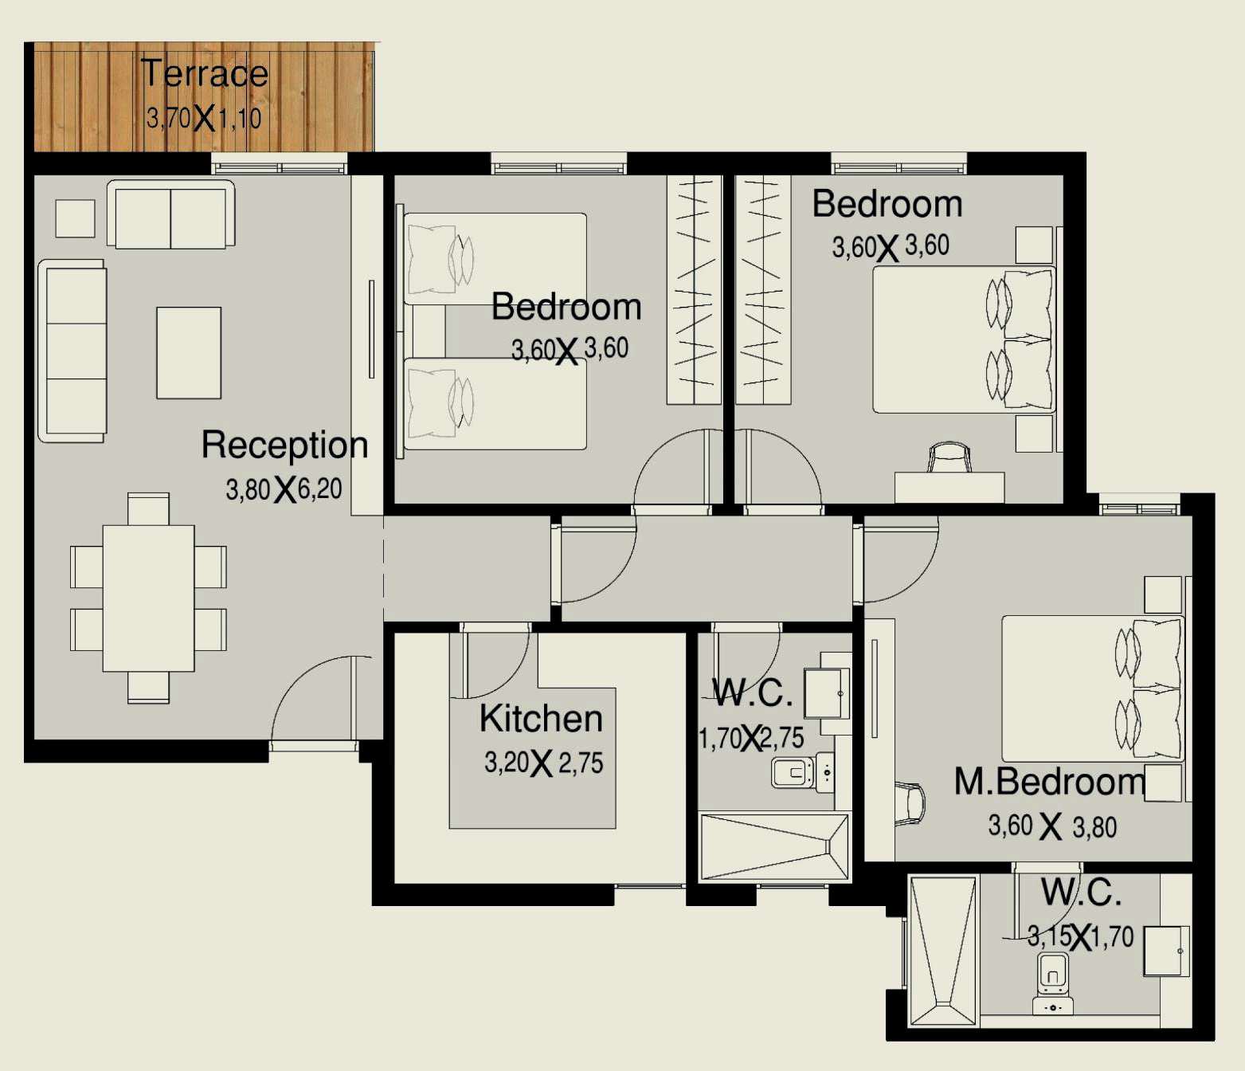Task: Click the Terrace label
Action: click(x=205, y=73)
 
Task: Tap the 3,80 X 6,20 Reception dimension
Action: click(x=284, y=488)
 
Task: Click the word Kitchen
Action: click(x=541, y=719)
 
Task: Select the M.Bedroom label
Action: click(x=1049, y=782)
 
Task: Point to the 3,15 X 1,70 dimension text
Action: click(x=1080, y=936)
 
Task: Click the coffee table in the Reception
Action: click(x=189, y=352)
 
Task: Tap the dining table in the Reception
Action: click(x=148, y=598)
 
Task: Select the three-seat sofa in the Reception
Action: click(x=73, y=351)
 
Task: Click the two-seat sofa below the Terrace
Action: click(x=170, y=215)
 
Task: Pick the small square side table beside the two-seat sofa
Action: click(x=75, y=218)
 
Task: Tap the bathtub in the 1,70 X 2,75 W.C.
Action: click(x=773, y=846)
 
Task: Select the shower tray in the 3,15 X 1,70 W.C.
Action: click(x=942, y=951)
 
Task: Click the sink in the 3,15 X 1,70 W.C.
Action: click(x=1166, y=951)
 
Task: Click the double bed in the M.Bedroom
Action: click(x=1091, y=688)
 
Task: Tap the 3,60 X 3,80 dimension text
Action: click(x=1051, y=826)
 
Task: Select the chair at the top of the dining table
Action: click(x=148, y=508)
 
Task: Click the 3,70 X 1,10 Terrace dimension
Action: click(x=204, y=119)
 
